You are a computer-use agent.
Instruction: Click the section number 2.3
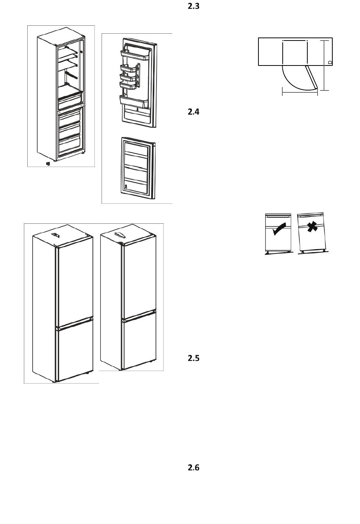tap(193, 6)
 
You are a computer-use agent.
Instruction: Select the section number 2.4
tap(193, 112)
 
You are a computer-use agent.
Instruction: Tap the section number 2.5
tap(193, 358)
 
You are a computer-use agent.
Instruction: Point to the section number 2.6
tap(193, 468)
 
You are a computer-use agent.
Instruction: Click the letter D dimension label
tap(330, 62)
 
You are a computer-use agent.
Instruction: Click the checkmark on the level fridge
tap(279, 229)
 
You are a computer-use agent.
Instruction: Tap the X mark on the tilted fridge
tap(312, 228)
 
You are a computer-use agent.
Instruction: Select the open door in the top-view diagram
tap(312, 78)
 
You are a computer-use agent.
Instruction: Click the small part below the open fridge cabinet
tap(48, 164)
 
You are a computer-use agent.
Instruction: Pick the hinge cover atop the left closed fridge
tap(56, 235)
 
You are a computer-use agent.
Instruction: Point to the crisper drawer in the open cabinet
tap(70, 99)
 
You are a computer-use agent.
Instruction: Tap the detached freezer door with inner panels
tap(138, 168)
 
